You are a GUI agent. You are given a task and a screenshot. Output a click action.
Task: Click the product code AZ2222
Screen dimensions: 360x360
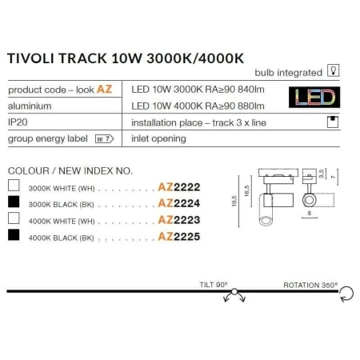click(179, 187)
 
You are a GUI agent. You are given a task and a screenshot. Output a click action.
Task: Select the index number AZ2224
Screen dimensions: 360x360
click(179, 203)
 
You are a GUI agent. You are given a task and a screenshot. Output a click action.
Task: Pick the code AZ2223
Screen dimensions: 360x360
click(179, 220)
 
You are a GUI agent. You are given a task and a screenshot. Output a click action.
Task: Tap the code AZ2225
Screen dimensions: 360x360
click(179, 237)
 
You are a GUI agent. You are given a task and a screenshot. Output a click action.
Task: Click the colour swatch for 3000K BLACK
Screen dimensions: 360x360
click(14, 202)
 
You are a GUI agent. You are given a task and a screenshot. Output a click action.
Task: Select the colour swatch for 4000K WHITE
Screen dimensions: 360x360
click(14, 218)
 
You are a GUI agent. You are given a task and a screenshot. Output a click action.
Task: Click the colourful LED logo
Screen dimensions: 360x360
click(314, 98)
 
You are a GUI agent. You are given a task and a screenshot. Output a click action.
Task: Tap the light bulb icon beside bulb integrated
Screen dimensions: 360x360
click(334, 70)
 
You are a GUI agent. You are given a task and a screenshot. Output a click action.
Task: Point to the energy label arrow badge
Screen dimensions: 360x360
click(105, 138)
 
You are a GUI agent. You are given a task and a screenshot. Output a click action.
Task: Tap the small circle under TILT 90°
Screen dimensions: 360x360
click(234, 291)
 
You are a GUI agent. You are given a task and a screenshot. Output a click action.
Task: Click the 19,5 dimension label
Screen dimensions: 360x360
click(234, 201)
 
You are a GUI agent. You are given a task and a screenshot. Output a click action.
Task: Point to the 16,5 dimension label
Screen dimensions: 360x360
click(246, 191)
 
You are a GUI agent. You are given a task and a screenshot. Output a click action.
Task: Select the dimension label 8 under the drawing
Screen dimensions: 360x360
click(310, 214)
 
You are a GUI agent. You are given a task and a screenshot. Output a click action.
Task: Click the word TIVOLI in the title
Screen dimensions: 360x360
click(30, 58)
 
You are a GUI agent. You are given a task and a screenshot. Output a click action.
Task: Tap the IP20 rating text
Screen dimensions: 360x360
click(18, 122)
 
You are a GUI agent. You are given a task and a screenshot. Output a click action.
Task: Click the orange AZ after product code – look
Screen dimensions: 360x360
click(104, 90)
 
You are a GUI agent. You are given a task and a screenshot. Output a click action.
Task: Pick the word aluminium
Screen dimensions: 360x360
click(30, 106)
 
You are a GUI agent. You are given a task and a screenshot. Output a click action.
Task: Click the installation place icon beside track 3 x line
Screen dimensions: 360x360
click(333, 122)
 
